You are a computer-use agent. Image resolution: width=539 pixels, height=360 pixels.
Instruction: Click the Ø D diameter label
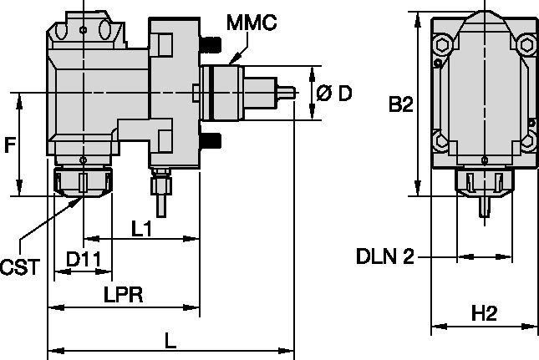pos(334,94)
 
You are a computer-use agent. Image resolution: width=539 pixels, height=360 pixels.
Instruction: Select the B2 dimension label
pos(402,104)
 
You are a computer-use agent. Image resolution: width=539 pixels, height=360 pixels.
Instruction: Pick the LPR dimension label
pos(122,295)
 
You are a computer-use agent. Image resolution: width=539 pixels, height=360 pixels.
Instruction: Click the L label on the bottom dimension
pos(170,341)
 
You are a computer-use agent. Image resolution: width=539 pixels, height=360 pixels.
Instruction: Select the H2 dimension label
pos(484,314)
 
